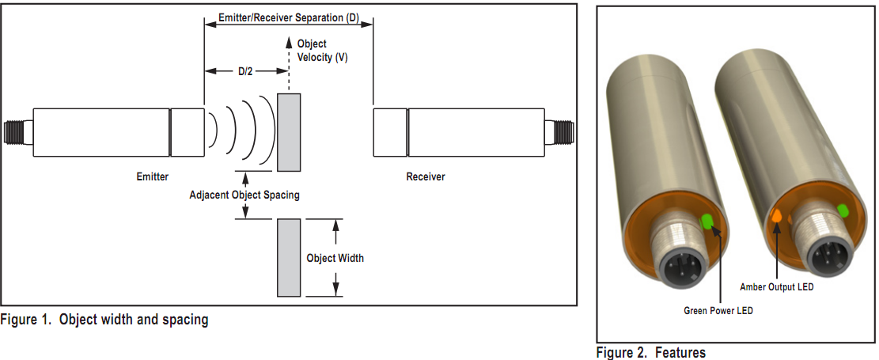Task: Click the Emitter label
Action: [x=153, y=176]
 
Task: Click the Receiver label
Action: [x=426, y=176]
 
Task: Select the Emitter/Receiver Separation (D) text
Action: [x=289, y=17]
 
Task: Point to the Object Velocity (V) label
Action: [x=320, y=51]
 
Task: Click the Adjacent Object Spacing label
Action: [x=244, y=195]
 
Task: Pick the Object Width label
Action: [x=335, y=258]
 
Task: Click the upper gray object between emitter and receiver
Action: [x=289, y=131]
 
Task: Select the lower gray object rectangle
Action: [x=289, y=258]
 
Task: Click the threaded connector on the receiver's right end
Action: [x=559, y=132]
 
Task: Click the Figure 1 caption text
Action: [x=104, y=320]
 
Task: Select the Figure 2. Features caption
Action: [x=650, y=352]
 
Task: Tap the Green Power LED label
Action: [x=718, y=311]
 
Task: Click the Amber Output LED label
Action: [x=776, y=287]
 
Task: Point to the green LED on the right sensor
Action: [x=843, y=210]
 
